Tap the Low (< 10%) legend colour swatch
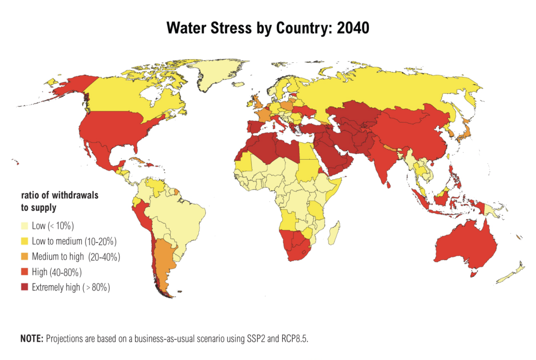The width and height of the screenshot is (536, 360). (25, 227)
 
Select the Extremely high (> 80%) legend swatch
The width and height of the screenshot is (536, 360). (25, 287)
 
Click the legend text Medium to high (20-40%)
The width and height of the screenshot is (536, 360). (76, 257)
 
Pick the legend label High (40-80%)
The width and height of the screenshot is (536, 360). (57, 272)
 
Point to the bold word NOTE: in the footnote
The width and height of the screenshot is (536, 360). (31, 339)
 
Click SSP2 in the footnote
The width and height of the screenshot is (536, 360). (264, 339)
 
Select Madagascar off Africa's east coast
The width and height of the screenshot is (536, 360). (334, 232)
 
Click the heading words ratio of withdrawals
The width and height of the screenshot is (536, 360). (60, 195)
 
